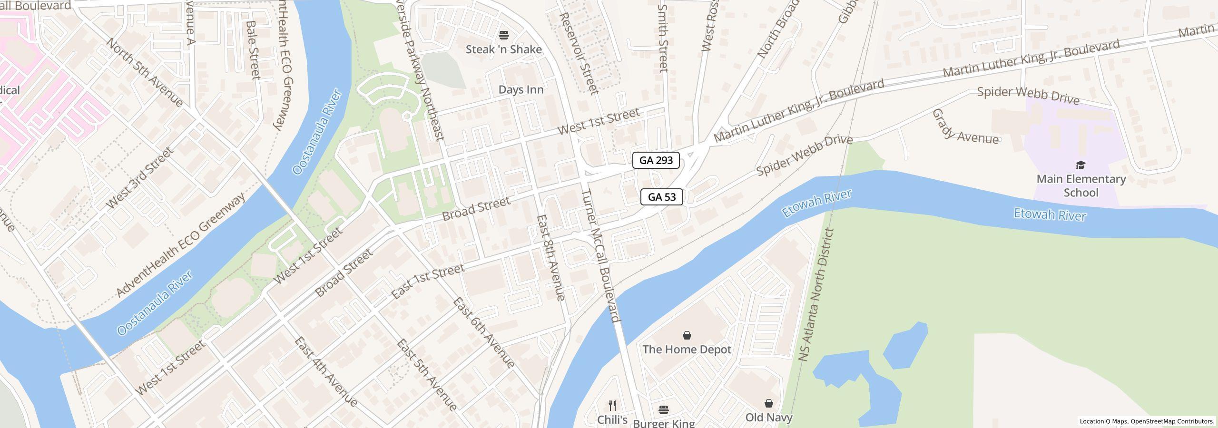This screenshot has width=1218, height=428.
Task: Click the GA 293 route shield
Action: click(x=656, y=160)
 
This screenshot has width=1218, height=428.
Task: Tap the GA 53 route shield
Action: click(x=661, y=197)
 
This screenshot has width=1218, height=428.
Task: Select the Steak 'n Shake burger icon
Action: click(x=503, y=35)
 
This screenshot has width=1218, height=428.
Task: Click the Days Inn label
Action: click(x=521, y=90)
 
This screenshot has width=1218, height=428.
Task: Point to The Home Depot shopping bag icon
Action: click(x=687, y=336)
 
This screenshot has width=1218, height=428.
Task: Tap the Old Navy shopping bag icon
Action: click(x=768, y=404)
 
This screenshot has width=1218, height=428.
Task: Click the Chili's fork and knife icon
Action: click(x=612, y=406)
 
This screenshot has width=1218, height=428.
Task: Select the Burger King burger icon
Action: click(x=664, y=409)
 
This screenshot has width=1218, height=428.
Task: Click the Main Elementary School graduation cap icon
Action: click(x=1080, y=165)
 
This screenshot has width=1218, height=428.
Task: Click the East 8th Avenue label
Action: click(x=551, y=257)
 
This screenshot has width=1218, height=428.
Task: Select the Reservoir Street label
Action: click(x=578, y=53)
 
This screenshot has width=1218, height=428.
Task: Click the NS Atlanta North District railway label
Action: click(x=816, y=295)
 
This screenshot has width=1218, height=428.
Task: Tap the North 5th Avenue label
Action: click(x=145, y=73)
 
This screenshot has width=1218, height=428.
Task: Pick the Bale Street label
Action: click(x=254, y=49)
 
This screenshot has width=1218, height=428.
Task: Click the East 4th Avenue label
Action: click(x=325, y=372)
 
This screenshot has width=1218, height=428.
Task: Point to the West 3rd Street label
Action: click(x=139, y=178)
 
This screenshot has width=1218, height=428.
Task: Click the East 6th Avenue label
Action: click(x=483, y=333)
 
